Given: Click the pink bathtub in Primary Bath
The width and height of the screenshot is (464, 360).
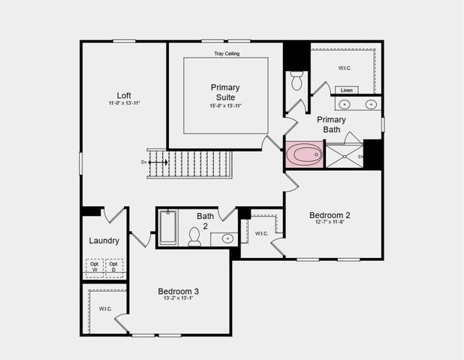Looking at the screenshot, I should tap(304, 155).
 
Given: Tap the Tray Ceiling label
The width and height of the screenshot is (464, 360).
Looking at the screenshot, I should tap(225, 53).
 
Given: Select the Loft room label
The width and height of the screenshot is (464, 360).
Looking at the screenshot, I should tap(124, 95).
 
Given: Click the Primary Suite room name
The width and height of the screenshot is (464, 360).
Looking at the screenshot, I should tap(225, 92).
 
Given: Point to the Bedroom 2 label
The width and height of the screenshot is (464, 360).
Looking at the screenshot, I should tap(330, 215).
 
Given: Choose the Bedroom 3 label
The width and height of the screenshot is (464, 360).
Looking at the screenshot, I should tap(178, 291).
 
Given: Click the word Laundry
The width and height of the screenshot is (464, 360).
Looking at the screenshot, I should tap(104, 241).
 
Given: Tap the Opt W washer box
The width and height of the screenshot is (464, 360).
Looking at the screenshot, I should tap(95, 267).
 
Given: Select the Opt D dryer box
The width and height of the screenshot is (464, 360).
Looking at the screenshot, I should tap(114, 267).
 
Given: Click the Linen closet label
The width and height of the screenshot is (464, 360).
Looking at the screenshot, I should tap(346, 90).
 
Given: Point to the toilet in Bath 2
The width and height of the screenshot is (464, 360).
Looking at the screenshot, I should tap(194, 237).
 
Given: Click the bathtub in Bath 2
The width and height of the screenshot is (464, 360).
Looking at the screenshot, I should tap(168, 228).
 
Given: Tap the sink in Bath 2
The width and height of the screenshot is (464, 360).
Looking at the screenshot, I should tap(227, 238).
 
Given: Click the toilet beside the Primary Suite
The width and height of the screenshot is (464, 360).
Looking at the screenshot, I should tap(296, 79).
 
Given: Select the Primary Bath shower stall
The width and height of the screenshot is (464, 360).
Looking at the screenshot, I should tap(345, 155).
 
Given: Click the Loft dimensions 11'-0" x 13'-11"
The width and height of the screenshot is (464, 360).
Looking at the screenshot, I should tap(124, 103).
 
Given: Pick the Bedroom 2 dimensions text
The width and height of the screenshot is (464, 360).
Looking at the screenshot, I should tap(330, 223).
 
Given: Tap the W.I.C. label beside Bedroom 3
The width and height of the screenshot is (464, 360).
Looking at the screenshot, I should tap(105, 308).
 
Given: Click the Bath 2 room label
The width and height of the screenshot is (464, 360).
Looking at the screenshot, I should tap(206, 220).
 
